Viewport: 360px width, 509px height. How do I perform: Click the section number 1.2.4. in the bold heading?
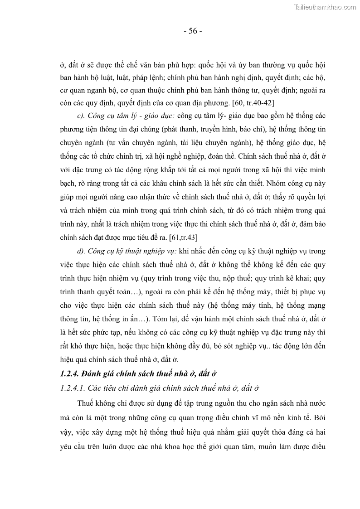pyautogui.click(x=71, y=374)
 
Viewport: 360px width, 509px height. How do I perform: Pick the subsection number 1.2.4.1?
pyautogui.click(x=73, y=388)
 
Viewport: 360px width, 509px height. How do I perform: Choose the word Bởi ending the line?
pyautogui.click(x=318, y=416)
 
